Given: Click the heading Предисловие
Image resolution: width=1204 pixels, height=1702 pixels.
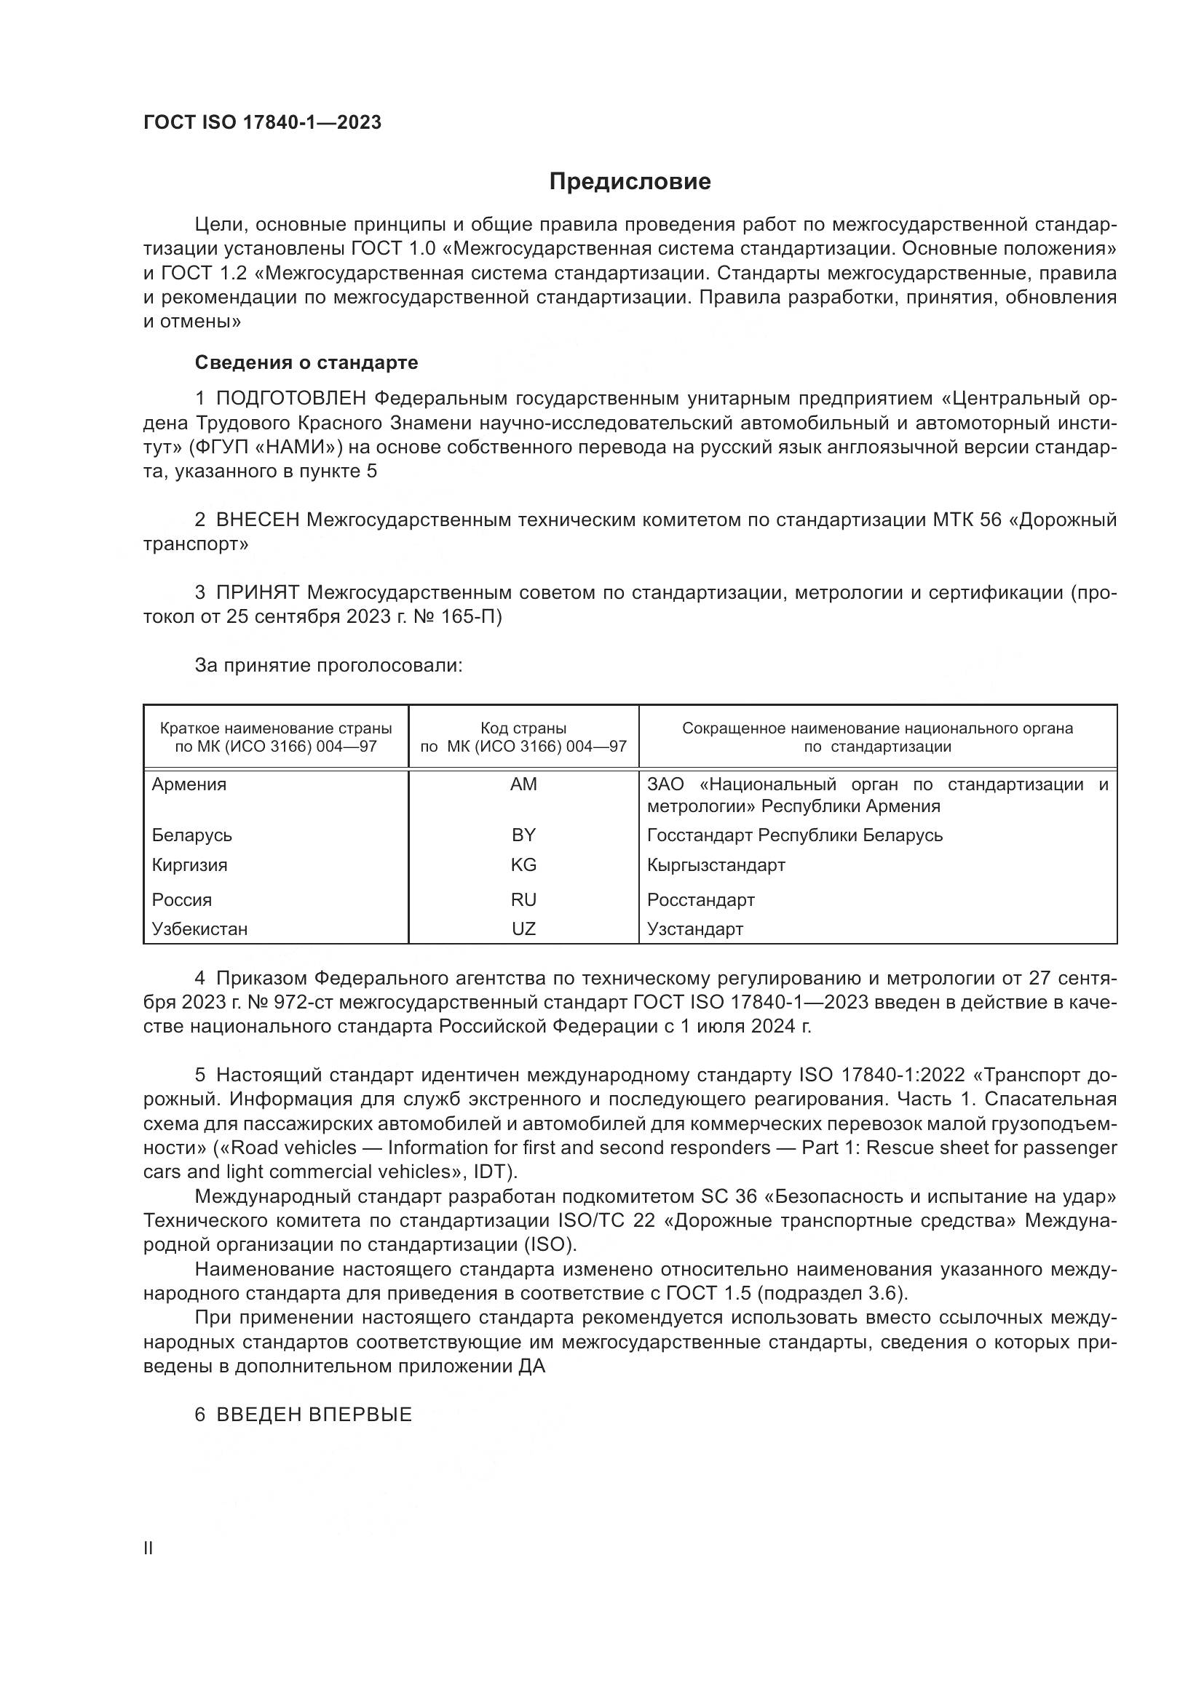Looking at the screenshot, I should [x=630, y=182].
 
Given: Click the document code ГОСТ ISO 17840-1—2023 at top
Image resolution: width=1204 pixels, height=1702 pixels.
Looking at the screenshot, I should [x=263, y=123].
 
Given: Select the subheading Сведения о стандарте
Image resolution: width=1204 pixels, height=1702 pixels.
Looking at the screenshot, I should [x=306, y=362].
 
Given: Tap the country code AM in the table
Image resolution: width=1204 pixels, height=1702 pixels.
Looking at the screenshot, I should [x=523, y=784].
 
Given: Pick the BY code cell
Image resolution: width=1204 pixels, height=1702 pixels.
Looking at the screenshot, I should [x=523, y=835].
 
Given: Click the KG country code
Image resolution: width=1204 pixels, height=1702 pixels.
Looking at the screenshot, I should [x=523, y=865].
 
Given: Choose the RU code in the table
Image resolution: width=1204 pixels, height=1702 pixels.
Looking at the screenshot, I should [x=523, y=900].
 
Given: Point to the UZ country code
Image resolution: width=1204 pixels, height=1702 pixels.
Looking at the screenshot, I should [x=523, y=928].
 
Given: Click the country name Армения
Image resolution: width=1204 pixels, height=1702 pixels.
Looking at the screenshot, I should [x=189, y=784].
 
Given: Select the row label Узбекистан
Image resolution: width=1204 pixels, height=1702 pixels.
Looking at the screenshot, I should [x=199, y=928].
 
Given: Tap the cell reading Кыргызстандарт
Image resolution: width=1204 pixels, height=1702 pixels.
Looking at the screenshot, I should [x=716, y=865].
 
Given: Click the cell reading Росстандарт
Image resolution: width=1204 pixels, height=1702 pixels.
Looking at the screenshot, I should [x=700, y=900].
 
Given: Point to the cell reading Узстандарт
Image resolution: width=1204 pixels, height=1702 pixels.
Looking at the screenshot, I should [x=694, y=928].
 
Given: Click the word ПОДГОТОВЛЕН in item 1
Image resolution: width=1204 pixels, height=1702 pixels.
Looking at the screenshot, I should [x=291, y=399].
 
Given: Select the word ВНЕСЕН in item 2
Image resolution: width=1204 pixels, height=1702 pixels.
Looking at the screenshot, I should [x=258, y=520].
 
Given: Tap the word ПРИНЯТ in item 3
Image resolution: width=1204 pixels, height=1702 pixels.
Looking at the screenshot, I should [x=258, y=593].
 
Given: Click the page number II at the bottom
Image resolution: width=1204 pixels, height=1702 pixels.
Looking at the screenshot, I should [x=148, y=1548].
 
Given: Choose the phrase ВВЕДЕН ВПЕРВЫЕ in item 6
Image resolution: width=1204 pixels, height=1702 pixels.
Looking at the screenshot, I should [x=314, y=1415].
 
